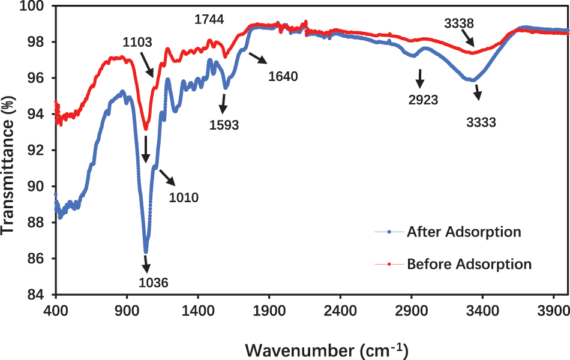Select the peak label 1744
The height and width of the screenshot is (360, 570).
click(209, 20)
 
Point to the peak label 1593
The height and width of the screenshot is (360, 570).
click(224, 125)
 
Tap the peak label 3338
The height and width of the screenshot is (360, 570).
click(459, 24)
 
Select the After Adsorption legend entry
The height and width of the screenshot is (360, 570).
click(463, 231)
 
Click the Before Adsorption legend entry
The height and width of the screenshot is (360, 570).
click(469, 263)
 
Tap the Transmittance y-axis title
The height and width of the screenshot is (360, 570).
click(9, 150)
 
